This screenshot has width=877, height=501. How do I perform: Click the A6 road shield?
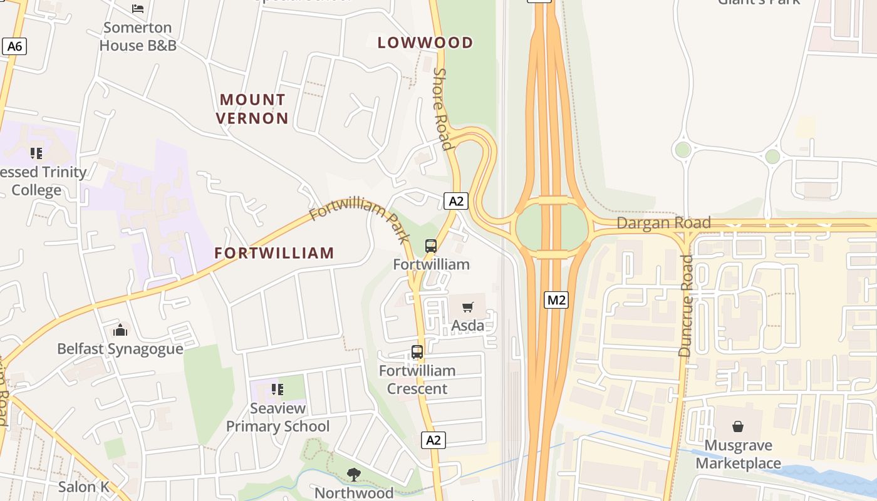click(14, 46)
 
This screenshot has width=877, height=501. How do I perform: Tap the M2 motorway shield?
click(556, 300)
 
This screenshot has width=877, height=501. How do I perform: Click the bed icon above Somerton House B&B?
click(138, 8)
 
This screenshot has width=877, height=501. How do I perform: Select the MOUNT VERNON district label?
click(253, 109)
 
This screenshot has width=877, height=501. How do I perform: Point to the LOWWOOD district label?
click(425, 43)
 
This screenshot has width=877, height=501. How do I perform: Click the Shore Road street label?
click(442, 110)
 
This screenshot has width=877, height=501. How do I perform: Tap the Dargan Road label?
click(663, 223)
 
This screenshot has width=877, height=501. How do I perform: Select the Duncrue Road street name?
click(686, 306)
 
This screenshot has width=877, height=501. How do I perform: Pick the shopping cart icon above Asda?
click(468, 307)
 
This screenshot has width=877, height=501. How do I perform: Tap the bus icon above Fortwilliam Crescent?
click(417, 352)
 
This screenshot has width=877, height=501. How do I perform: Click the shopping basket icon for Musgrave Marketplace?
click(738, 426)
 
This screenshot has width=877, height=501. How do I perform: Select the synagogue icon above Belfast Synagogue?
click(120, 330)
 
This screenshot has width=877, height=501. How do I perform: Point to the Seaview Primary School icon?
click(278, 390)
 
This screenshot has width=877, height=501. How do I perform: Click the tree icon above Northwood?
click(354, 474)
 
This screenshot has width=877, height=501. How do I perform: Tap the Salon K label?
click(84, 487)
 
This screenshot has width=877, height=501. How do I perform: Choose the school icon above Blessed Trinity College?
click(36, 153)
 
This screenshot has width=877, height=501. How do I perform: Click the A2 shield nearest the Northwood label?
click(433, 440)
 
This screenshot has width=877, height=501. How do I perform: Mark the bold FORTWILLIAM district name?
click(274, 253)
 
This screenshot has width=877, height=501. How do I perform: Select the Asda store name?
click(468, 326)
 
